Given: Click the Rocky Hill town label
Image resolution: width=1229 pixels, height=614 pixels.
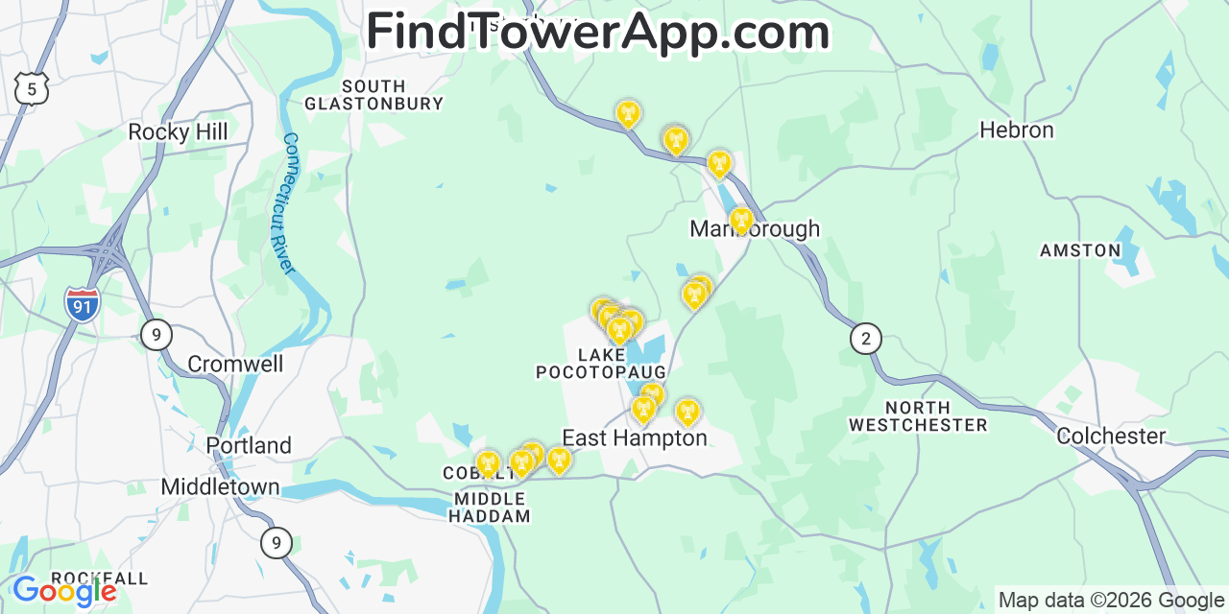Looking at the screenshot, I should click(x=179, y=132).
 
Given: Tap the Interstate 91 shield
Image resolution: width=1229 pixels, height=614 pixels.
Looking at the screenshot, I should click(x=83, y=303).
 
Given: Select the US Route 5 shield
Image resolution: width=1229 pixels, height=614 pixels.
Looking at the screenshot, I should click(x=32, y=88).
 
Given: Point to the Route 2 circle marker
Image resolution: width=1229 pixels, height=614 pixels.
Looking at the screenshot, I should click(x=866, y=338).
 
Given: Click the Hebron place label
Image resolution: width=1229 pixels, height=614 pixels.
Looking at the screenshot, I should click(x=1017, y=130).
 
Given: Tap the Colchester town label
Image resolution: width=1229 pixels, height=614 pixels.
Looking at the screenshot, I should click(x=1111, y=437).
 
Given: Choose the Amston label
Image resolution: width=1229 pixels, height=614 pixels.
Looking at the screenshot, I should click(x=1080, y=250).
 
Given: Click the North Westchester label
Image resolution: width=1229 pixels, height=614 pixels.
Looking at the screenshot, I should click(x=918, y=416).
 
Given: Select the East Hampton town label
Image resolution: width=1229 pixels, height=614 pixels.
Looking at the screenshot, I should click(x=634, y=438).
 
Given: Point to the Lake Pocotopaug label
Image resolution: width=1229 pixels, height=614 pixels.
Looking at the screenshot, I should click(x=601, y=364).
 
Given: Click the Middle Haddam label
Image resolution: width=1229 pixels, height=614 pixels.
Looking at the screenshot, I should click(x=490, y=508).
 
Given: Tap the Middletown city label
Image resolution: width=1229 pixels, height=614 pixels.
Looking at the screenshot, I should click(x=220, y=486).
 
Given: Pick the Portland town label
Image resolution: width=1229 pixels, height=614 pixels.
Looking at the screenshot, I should click(x=249, y=445).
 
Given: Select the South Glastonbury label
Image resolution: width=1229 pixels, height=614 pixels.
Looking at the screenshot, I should click(x=374, y=95).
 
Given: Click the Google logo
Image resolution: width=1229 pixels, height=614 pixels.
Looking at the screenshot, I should click(x=64, y=591).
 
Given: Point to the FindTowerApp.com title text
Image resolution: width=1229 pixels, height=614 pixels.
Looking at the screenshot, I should click(x=597, y=32).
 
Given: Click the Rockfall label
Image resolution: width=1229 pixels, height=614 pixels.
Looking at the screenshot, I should click(x=99, y=578).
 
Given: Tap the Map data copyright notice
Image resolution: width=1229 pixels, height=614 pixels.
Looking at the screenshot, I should click(x=1111, y=601).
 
